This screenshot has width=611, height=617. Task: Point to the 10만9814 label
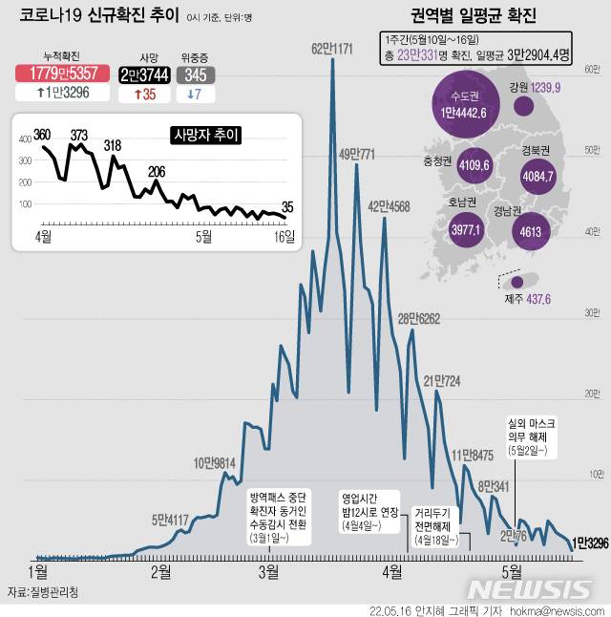click(x=216, y=463)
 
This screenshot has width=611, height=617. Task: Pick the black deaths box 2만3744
click(x=142, y=74)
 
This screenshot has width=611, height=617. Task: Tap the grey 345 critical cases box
click(x=194, y=74)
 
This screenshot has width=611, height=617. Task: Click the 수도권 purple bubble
click(x=466, y=106)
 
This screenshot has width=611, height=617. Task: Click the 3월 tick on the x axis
click(x=268, y=571)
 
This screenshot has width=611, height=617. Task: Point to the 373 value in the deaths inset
click(x=78, y=134)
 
